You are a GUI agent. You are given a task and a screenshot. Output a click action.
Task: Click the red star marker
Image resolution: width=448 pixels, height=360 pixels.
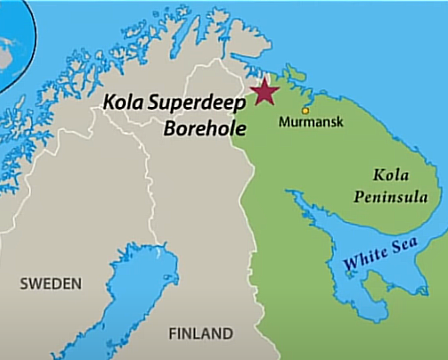point(263,91)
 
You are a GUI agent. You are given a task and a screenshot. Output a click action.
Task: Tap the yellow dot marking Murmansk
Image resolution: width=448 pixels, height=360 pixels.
point(305,111)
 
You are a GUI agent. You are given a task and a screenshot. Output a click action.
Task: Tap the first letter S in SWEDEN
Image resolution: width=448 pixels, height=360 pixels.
point(26,284)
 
